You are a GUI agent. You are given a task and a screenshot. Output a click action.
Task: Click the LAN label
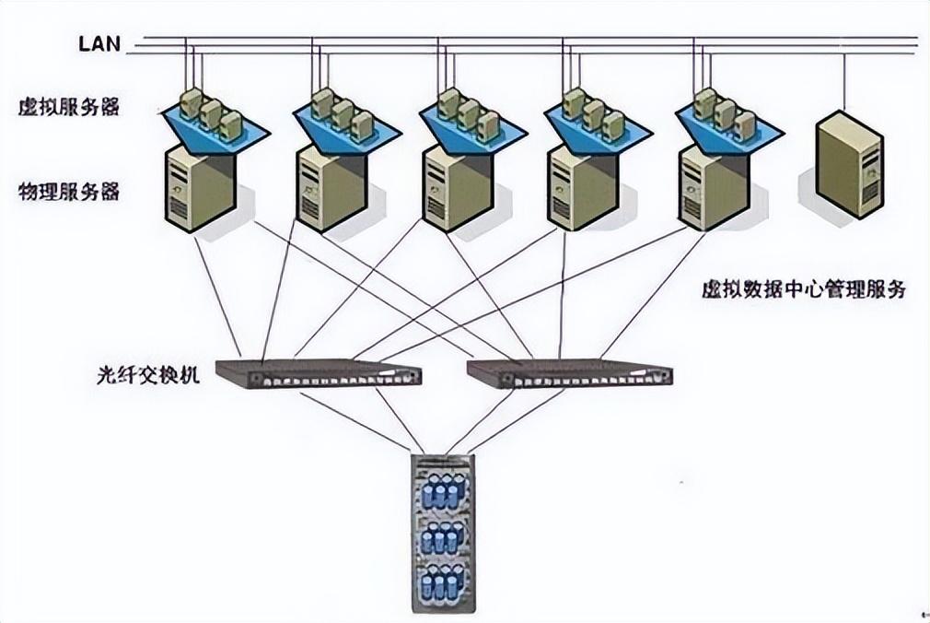pos(99,43)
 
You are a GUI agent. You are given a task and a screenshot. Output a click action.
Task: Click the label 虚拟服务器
pos(69,107)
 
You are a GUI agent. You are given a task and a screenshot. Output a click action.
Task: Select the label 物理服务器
pos(69,192)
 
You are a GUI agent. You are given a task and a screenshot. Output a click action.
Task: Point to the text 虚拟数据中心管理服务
pos(804,289)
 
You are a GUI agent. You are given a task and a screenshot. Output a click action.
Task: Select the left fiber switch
pos(319,373)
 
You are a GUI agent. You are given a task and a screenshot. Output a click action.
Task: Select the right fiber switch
pos(570,373)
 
